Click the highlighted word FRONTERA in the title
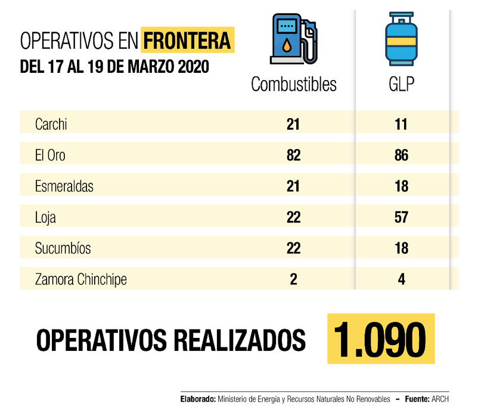pos(187,41)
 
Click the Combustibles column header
pos(293,84)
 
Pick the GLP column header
pos(401,84)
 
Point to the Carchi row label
pos(51,124)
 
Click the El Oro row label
pos(50,155)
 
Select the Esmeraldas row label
pos(64,186)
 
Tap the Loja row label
pos(45,217)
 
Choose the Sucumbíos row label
pos(63,248)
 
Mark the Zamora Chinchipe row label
pos(80,279)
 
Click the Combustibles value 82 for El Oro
pos(293,155)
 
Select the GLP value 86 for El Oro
pos(401,155)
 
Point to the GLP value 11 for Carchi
pos(401,124)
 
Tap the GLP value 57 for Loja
pos(401,217)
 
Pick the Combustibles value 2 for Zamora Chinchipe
pos(293,279)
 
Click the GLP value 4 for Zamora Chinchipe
pos(401,279)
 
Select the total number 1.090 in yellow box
pos(380,338)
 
